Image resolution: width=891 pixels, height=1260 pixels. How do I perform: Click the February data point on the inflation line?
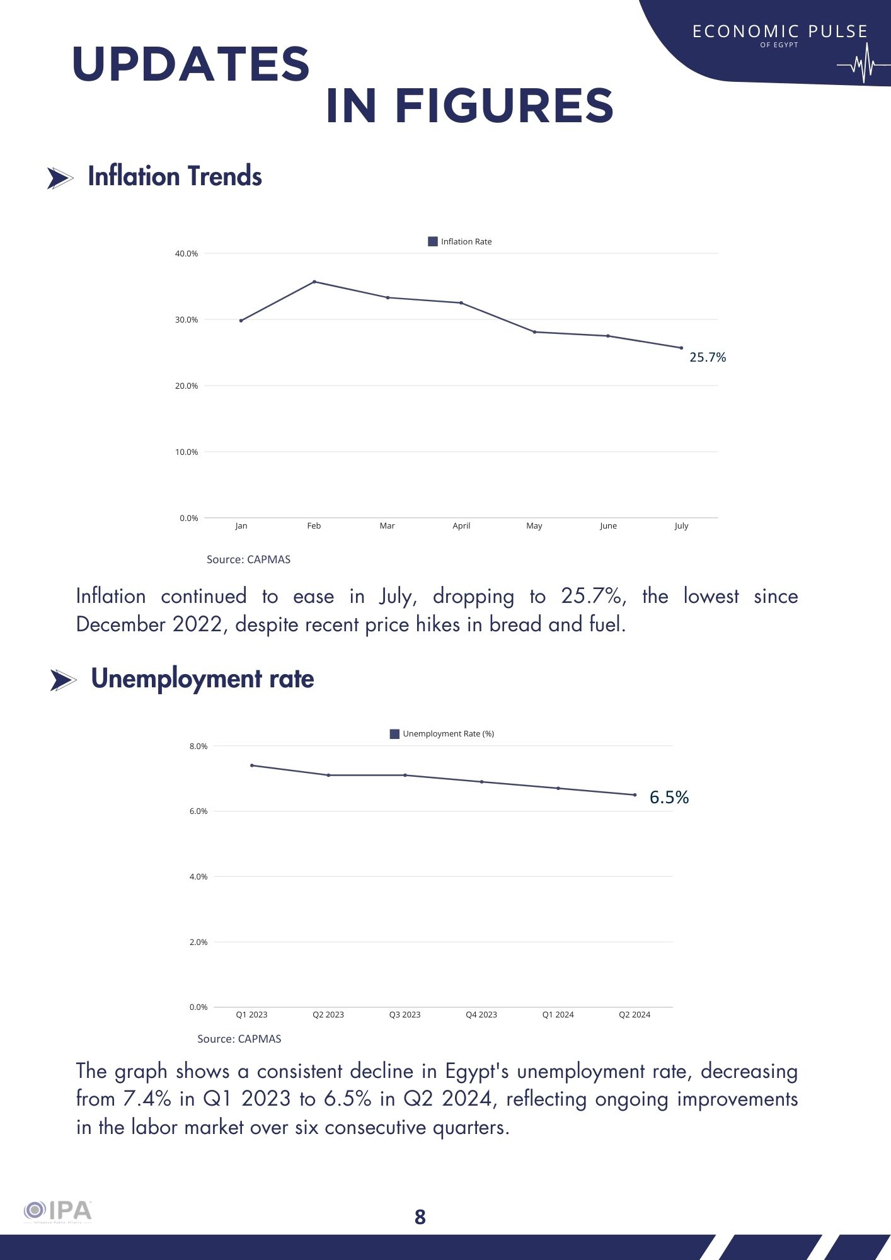click(314, 282)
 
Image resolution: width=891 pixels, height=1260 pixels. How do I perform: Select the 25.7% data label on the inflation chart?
click(708, 357)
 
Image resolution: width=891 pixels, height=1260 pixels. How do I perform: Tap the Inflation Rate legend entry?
click(460, 241)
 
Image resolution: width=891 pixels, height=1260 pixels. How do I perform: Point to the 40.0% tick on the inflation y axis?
click(187, 254)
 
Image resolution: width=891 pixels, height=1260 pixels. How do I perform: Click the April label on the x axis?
click(461, 525)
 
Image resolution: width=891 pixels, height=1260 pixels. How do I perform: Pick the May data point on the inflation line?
click(534, 332)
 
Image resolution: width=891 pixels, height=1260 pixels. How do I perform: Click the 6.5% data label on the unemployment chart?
click(669, 798)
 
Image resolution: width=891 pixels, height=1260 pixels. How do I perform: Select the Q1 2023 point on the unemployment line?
click(252, 765)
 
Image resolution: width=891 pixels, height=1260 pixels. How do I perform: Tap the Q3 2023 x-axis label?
click(405, 1014)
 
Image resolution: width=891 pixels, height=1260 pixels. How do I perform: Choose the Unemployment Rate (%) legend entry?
click(442, 734)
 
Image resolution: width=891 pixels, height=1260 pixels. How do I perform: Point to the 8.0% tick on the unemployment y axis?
click(198, 747)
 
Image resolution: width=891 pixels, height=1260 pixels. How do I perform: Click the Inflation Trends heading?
click(175, 176)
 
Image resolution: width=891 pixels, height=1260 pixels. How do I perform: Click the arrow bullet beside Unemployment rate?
click(63, 680)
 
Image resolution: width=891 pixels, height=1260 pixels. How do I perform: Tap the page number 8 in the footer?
click(420, 1217)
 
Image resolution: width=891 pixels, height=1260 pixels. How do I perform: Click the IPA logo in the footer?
click(58, 1211)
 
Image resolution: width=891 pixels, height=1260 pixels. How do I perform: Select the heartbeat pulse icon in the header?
click(863, 64)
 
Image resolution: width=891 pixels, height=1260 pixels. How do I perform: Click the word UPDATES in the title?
click(191, 64)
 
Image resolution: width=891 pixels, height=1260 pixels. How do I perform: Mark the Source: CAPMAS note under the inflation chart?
click(248, 559)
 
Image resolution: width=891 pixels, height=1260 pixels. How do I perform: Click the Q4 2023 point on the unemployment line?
click(481, 782)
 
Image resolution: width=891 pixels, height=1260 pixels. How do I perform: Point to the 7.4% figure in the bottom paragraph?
click(147, 1099)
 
